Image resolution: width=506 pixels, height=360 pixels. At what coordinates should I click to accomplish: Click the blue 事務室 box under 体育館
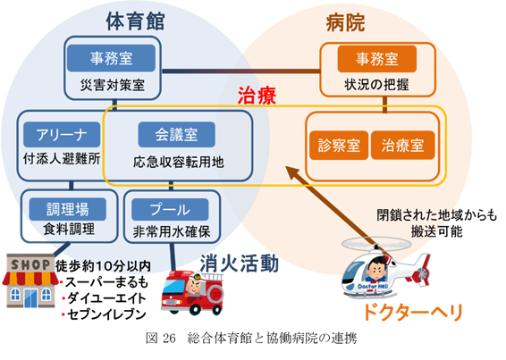111,58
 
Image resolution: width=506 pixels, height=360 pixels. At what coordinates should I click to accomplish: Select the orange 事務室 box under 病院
377,59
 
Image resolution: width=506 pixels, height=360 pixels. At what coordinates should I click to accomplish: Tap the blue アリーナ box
62,135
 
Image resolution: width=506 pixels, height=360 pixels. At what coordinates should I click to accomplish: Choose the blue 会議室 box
176,135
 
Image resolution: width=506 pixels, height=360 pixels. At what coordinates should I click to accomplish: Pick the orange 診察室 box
339,145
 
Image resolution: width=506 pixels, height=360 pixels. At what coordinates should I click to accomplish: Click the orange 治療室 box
402,145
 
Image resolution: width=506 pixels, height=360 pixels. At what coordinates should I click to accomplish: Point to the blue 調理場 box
68,209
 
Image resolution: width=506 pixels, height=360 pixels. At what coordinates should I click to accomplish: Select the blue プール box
170,210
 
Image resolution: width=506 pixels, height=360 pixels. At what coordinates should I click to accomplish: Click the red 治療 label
257,96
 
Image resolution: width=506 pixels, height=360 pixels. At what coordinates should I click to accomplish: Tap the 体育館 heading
136,21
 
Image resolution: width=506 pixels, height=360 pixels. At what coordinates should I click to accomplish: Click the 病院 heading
345,22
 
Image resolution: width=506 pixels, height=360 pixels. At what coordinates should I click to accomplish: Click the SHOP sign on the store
30,264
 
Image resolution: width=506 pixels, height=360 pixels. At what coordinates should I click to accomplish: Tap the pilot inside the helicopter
376,271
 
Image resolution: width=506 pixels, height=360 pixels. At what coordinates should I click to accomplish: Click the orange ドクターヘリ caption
413,313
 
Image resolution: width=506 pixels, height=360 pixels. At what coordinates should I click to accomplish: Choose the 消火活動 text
239,264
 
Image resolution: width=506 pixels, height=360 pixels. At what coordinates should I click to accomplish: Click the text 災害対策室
113,85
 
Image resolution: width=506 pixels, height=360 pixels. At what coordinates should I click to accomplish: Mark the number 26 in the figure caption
170,339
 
